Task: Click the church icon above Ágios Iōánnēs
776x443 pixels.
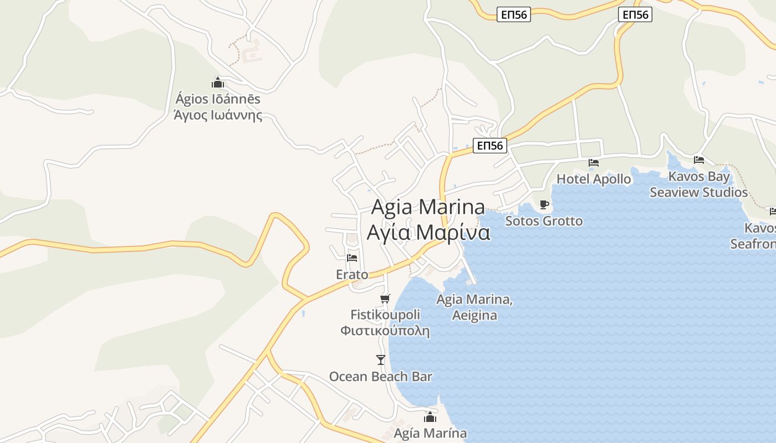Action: (x=218, y=83)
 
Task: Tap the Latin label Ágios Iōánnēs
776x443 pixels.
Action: (x=218, y=100)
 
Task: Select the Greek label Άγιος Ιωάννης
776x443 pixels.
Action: (x=218, y=116)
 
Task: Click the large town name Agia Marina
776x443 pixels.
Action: (x=428, y=207)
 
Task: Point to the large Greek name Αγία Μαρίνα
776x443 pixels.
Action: (x=428, y=232)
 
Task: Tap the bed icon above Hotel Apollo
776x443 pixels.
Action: (x=594, y=163)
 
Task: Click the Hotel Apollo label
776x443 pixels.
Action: (x=594, y=179)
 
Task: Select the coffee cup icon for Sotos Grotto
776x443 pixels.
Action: (x=544, y=205)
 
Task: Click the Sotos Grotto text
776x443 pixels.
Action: (x=544, y=221)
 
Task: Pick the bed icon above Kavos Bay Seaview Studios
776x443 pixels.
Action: (x=699, y=160)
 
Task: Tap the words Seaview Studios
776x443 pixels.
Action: (x=699, y=193)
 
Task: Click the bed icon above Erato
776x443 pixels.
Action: (x=352, y=257)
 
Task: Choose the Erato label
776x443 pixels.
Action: (x=352, y=274)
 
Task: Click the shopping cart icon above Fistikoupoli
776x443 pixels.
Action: (x=385, y=299)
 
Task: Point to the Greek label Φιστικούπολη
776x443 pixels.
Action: (x=385, y=331)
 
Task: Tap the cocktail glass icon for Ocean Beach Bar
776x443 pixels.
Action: (x=381, y=360)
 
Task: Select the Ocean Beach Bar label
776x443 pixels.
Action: (x=381, y=377)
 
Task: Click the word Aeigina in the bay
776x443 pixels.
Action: (x=474, y=316)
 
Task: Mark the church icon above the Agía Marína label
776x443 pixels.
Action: (x=430, y=417)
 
